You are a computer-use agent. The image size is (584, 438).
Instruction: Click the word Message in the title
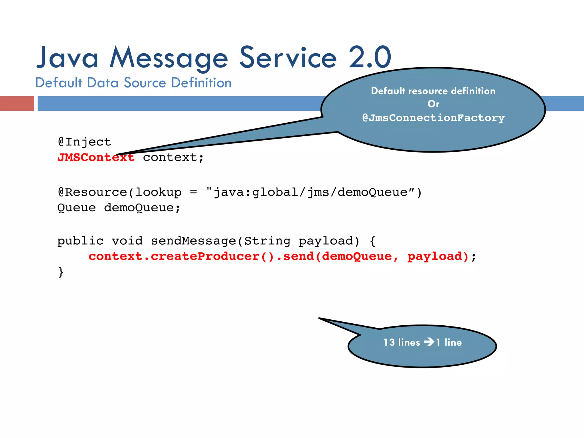pyautogui.click(x=169, y=58)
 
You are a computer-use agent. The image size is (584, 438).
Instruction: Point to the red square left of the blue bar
pyautogui.click(x=17, y=104)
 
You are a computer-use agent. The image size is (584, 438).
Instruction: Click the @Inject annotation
pyautogui.click(x=84, y=142)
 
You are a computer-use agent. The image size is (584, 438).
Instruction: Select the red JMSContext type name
pyautogui.click(x=96, y=157)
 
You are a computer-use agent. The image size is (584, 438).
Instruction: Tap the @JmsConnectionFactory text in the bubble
pyautogui.click(x=433, y=118)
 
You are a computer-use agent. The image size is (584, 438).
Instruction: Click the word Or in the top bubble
pyautogui.click(x=433, y=104)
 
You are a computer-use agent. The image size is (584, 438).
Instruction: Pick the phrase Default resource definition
pyautogui.click(x=433, y=91)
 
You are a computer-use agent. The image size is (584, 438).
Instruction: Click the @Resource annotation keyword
pyautogui.click(x=92, y=192)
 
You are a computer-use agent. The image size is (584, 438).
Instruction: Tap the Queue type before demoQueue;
pyautogui.click(x=76, y=208)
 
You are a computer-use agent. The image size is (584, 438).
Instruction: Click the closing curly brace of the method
pyautogui.click(x=61, y=272)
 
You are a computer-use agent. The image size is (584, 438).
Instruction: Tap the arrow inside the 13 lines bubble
pyautogui.click(x=429, y=342)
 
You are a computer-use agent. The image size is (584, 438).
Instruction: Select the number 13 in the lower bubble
pyautogui.click(x=389, y=342)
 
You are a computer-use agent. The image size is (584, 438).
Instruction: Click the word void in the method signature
pyautogui.click(x=127, y=241)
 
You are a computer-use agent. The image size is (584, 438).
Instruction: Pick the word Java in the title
pyautogui.click(x=67, y=58)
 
